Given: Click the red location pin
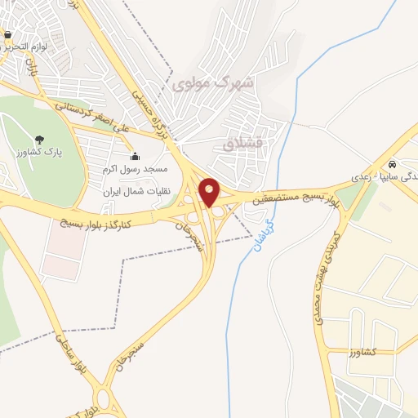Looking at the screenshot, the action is [210, 192].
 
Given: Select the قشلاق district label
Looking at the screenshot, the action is [242, 144].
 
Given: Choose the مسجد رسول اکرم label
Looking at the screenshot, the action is [136, 168].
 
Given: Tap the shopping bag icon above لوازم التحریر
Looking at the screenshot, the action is [7, 35].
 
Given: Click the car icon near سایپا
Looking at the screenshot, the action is [394, 162].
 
